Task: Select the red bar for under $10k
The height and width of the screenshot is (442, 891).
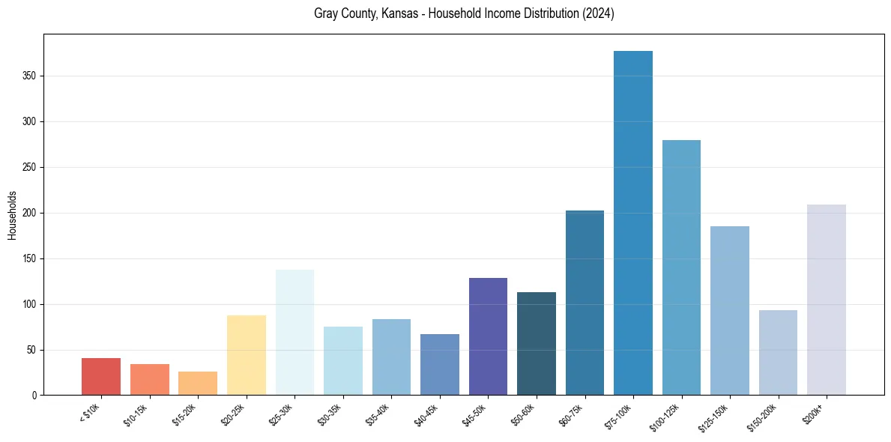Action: [101, 377]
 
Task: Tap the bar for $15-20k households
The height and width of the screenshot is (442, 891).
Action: [198, 384]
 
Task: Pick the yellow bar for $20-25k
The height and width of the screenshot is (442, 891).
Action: [247, 355]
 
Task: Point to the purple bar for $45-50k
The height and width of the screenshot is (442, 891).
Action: [488, 336]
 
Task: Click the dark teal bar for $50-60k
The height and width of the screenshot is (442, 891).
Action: [537, 344]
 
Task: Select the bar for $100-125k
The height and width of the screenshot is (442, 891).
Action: [681, 267]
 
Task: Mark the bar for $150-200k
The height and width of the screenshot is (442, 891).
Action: [778, 353]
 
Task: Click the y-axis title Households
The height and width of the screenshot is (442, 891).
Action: [12, 215]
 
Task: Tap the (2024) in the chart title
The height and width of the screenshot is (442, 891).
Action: [599, 14]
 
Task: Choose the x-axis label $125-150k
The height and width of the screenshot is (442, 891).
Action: [714, 417]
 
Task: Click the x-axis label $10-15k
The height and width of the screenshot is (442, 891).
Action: [136, 414]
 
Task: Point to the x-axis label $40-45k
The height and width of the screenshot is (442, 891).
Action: [426, 414]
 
